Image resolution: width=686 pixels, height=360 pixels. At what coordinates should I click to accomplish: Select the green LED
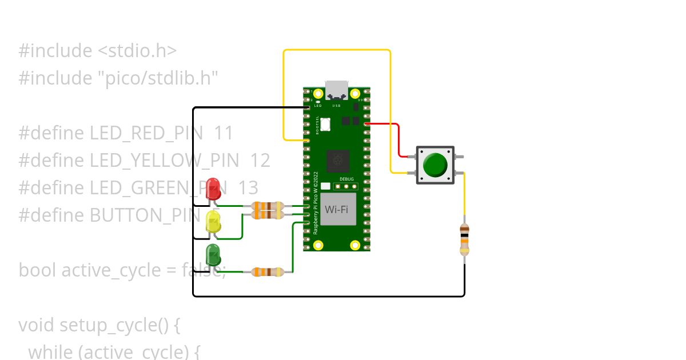(x=213, y=255)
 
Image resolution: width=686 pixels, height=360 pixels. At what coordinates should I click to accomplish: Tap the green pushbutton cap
(x=435, y=165)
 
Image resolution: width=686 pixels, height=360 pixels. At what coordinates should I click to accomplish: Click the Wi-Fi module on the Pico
(x=337, y=209)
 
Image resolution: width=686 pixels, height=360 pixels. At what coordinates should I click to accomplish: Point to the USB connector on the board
(x=337, y=90)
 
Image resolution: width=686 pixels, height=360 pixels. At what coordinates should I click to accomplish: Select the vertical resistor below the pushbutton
(x=464, y=240)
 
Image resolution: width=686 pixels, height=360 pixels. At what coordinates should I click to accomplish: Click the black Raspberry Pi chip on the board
(x=337, y=161)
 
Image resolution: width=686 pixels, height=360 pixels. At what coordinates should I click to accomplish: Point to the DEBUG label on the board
(x=346, y=179)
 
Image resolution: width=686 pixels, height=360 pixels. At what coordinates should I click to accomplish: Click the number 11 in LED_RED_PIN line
(x=224, y=133)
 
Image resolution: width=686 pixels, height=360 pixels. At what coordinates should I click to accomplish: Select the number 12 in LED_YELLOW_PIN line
(x=260, y=161)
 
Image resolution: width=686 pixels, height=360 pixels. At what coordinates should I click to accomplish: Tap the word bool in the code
(x=37, y=270)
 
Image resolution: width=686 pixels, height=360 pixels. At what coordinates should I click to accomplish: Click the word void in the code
(x=37, y=325)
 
